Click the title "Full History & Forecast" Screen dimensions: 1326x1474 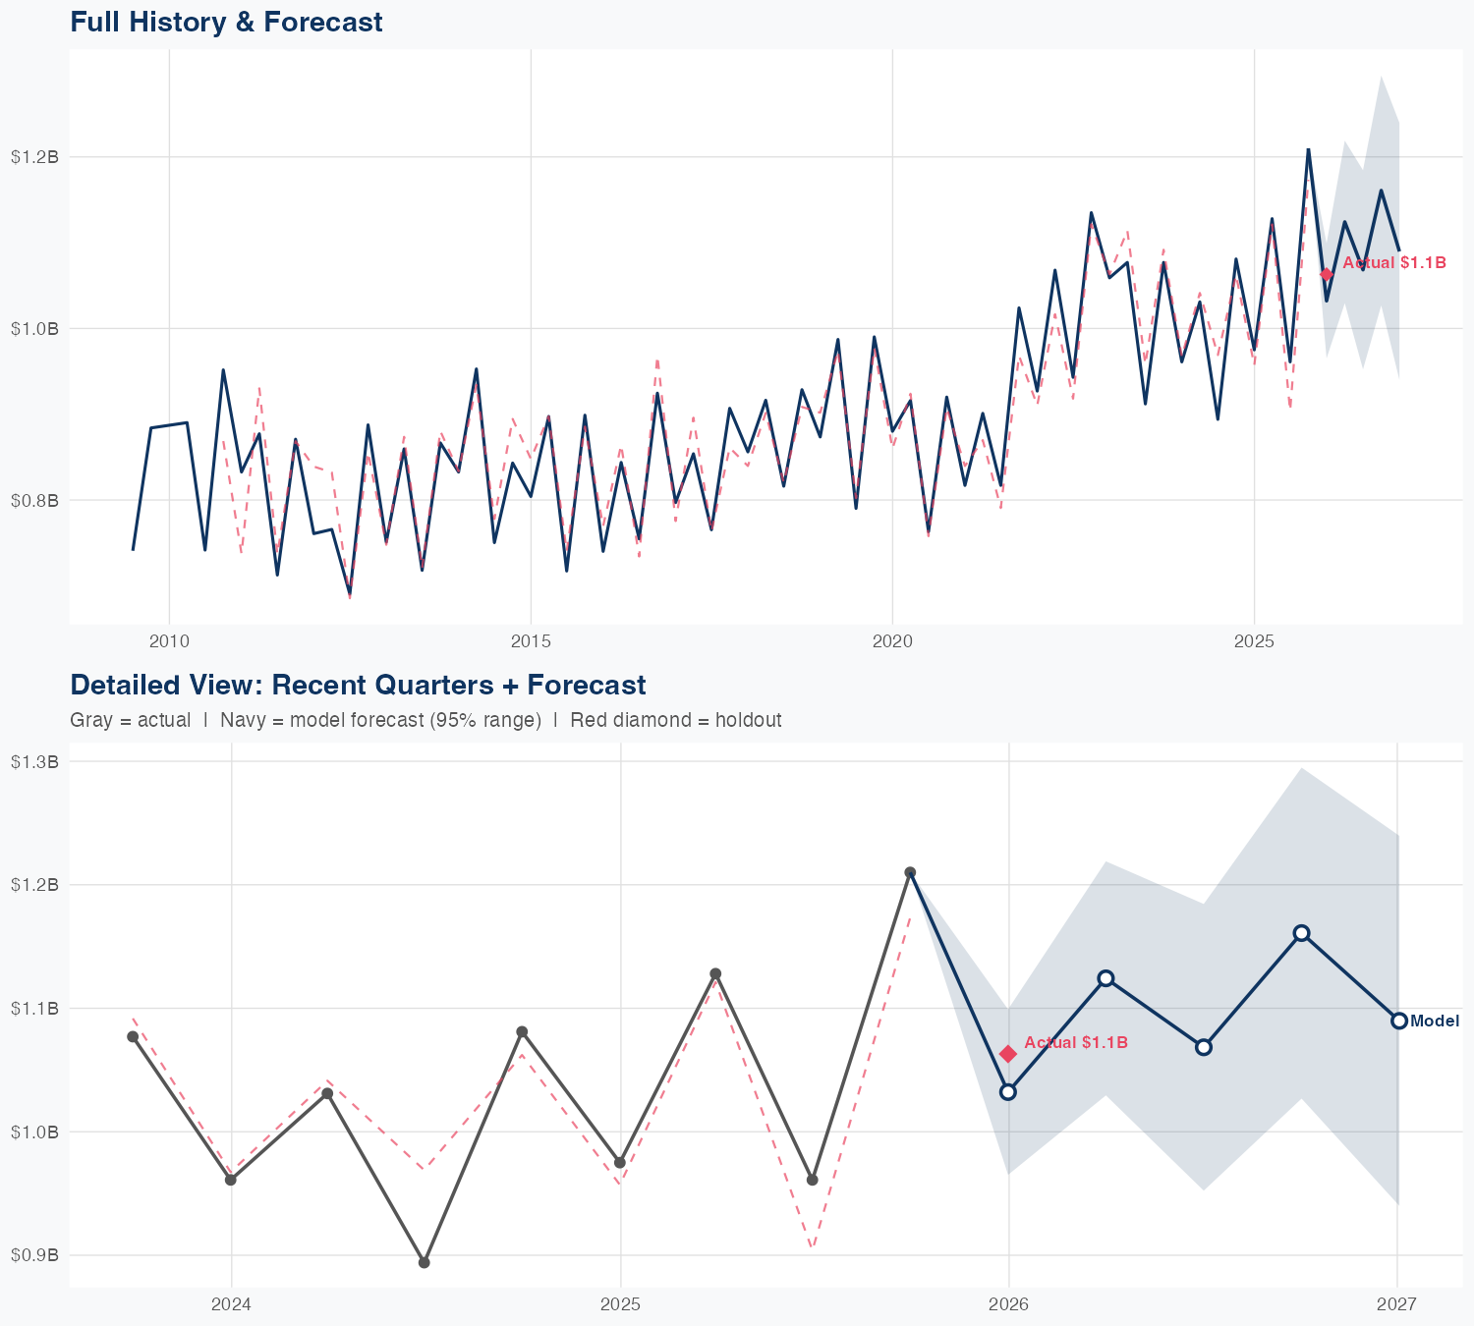tap(226, 22)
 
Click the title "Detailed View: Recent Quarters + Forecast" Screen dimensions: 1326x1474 tap(358, 685)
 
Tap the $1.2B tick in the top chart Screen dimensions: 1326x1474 tap(34, 157)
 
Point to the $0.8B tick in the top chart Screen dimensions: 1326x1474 tap(34, 500)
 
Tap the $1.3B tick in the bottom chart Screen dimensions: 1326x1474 tap(34, 761)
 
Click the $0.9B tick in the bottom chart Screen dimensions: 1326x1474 tap(34, 1255)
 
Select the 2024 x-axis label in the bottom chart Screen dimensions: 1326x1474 tap(232, 1304)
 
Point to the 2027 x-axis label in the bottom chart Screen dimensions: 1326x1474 tap(1396, 1304)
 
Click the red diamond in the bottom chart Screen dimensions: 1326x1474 tap(1008, 1054)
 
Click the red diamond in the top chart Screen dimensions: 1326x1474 tap(1327, 274)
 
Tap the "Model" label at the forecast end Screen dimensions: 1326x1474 tap(1435, 1022)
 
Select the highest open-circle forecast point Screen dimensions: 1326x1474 tap(1301, 933)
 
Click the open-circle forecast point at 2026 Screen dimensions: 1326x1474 tap(1008, 1091)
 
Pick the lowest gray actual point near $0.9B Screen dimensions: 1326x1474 tap(424, 1262)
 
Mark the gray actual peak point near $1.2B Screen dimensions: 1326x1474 tap(910, 872)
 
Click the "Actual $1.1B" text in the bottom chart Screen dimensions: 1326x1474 tap(1076, 1043)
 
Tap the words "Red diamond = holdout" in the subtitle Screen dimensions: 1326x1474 tap(676, 720)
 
